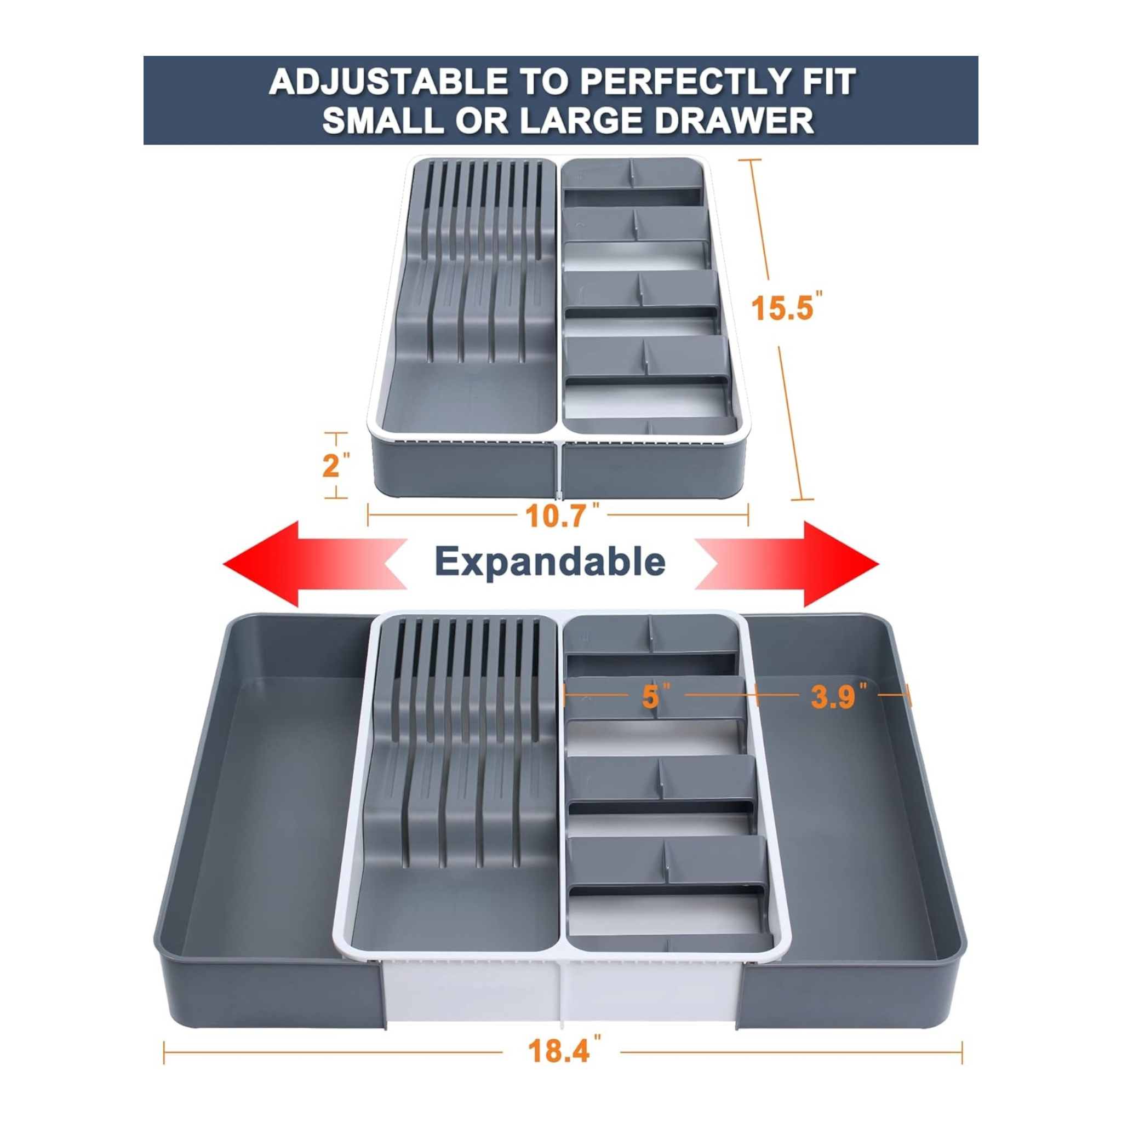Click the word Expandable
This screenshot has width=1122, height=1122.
[549, 562]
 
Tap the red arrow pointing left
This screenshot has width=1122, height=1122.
[302, 563]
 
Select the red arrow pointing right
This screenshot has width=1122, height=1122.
[802, 563]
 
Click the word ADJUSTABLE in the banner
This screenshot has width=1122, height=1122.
[388, 82]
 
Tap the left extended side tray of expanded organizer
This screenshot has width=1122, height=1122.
[267, 813]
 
